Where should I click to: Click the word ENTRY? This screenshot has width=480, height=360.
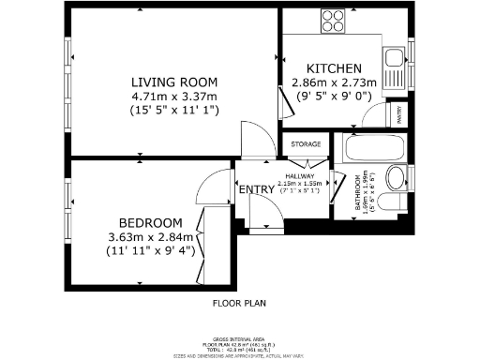pyautogui.click(x=257, y=189)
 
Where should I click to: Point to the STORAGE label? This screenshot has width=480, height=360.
pyautogui.click(x=306, y=144)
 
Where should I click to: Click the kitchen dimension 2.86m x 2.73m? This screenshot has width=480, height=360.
pyautogui.click(x=335, y=82)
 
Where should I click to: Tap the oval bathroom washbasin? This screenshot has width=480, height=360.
pyautogui.click(x=396, y=178)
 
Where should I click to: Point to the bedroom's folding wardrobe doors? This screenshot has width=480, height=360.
pyautogui.click(x=200, y=243)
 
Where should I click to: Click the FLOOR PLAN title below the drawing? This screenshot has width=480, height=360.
pyautogui.click(x=239, y=303)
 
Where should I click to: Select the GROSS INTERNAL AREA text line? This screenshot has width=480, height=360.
pyautogui.click(x=239, y=339)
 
